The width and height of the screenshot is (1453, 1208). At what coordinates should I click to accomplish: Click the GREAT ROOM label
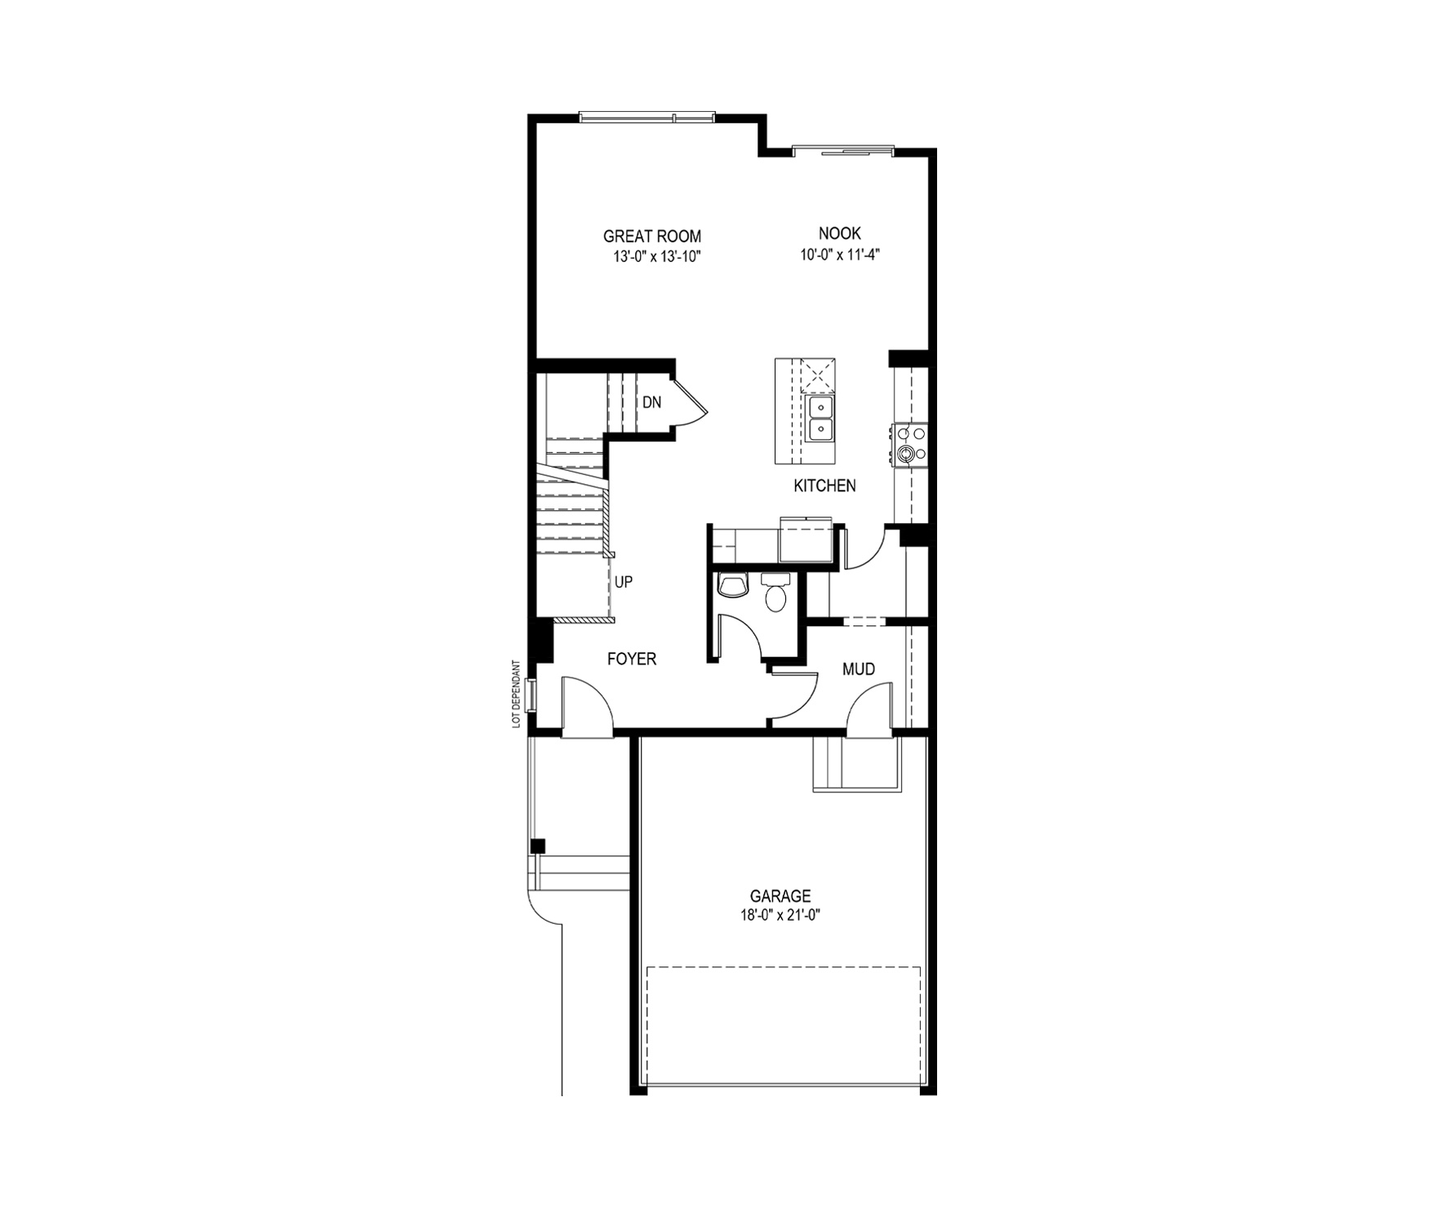[651, 237]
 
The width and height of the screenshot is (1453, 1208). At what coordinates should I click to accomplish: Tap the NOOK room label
[840, 234]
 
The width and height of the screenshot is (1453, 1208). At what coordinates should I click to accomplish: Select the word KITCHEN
[824, 486]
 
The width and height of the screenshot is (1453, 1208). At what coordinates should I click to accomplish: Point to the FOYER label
[632, 659]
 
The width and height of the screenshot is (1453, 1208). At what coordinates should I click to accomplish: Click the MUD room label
[859, 669]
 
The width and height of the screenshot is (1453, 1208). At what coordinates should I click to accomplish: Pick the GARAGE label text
[780, 896]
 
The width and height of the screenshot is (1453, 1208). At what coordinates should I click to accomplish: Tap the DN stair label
[651, 402]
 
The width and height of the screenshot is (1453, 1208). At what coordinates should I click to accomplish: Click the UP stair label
[624, 582]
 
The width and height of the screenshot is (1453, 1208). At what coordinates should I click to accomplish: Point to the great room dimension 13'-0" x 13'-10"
[657, 256]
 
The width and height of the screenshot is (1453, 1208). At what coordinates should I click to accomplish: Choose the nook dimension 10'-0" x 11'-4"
[840, 254]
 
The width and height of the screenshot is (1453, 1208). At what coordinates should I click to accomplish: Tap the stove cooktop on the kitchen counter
[911, 445]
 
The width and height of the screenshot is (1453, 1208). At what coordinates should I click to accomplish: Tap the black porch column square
[537, 846]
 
